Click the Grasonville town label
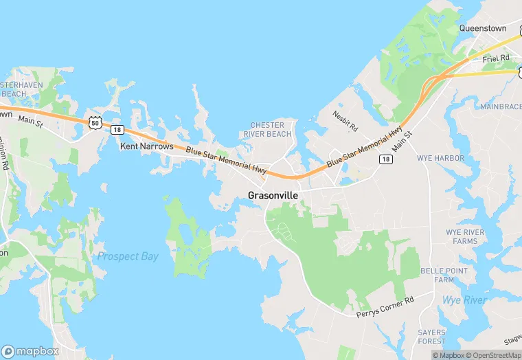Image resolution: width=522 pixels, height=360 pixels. [273, 195]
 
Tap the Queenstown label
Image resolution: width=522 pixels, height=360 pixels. [483, 28]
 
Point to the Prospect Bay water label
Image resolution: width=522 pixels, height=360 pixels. [128, 256]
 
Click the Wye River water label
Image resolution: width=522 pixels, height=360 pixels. [465, 300]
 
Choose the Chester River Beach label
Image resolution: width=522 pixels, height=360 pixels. [271, 129]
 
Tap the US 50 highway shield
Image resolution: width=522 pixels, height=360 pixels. [95, 122]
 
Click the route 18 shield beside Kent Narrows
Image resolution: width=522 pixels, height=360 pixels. [117, 129]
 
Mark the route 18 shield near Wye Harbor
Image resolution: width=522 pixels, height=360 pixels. [386, 159]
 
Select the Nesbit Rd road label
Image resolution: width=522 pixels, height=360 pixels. [345, 122]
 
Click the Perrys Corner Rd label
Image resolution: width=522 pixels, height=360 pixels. [385, 308]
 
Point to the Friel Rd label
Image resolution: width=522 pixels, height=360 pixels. [495, 59]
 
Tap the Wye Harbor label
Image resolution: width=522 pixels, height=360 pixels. [440, 158]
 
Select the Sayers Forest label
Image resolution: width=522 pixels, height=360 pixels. [431, 337]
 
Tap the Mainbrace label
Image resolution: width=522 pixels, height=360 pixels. [501, 106]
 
